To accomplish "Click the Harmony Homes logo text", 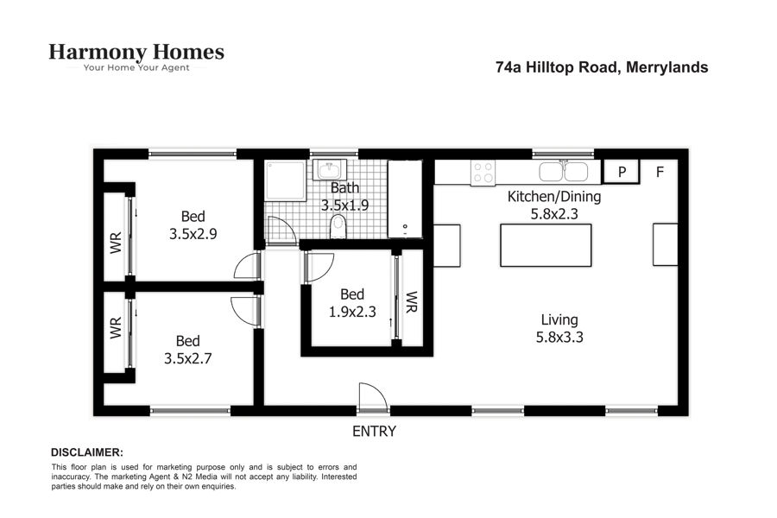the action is pos(136,52).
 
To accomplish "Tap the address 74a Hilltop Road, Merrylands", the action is pos(602,67).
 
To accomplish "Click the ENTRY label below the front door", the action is pos(374,432).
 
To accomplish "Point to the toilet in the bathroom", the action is pos(338,226).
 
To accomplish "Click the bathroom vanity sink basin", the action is pos(329,170).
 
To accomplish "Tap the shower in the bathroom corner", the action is pos(285,180).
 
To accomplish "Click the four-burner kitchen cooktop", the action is pos(483,173).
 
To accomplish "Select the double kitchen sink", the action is pos(564,172).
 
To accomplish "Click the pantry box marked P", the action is pos(622,172).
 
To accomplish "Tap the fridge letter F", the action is pos(660,172).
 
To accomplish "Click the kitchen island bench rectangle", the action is pos(546,245).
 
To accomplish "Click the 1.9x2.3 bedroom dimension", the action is pos(352,312).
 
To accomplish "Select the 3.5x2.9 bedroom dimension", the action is pos(193,233).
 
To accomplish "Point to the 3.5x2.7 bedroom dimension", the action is pos(188,358).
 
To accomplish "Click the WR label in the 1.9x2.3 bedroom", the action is pos(411,302).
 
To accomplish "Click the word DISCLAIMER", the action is pos(87,452).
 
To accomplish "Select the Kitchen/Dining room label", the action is pos(554,197).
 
